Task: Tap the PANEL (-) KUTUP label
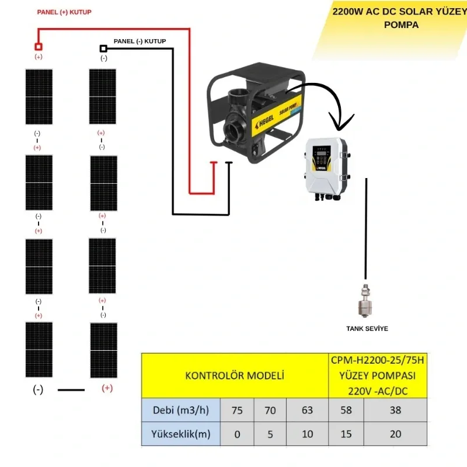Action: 140,41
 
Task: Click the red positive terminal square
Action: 39,46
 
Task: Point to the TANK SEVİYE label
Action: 367,329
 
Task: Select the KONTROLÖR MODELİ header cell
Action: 234,375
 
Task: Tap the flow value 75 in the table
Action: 237,410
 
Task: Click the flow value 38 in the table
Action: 395,410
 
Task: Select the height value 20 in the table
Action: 395,434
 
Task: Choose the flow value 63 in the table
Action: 307,410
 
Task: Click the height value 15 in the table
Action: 346,434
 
